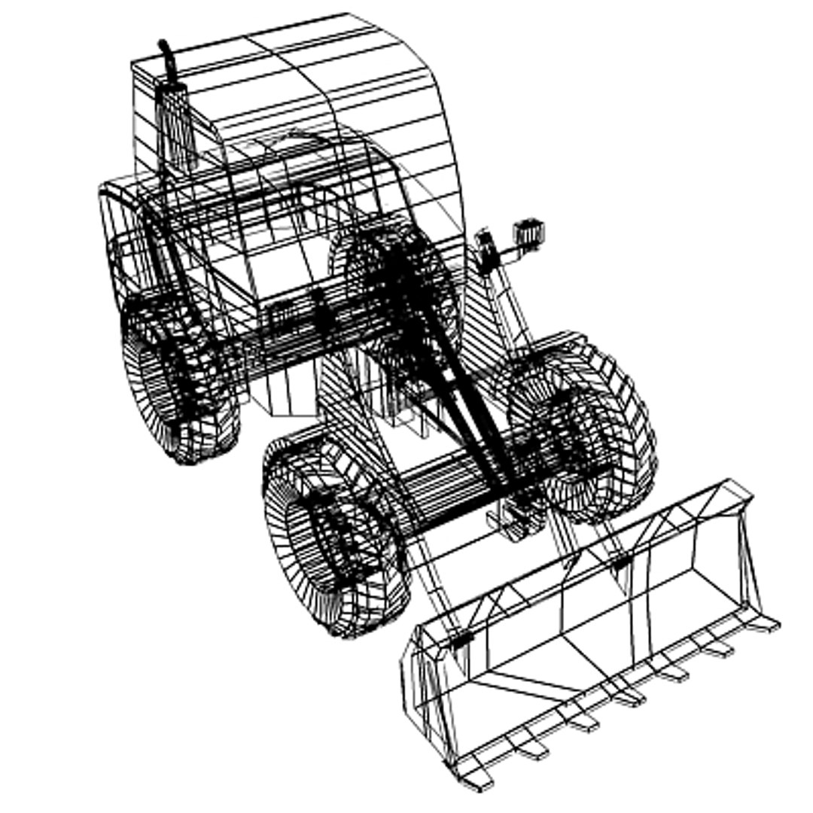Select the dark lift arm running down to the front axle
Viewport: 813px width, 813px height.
(459, 391)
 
